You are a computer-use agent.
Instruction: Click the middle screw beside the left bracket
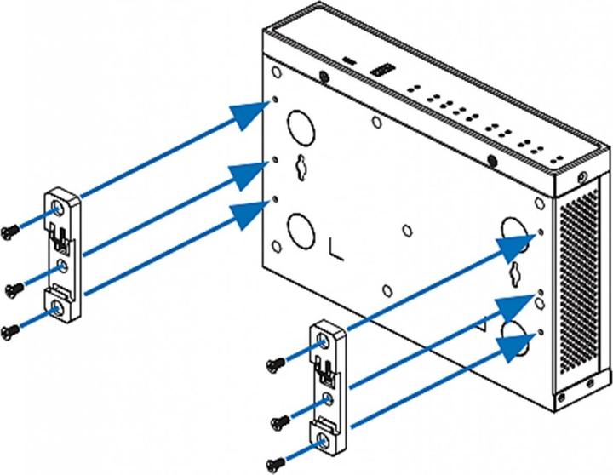point(12,287)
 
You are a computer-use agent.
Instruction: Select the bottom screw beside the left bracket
point(10,331)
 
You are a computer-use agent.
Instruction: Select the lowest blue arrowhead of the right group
point(518,346)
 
